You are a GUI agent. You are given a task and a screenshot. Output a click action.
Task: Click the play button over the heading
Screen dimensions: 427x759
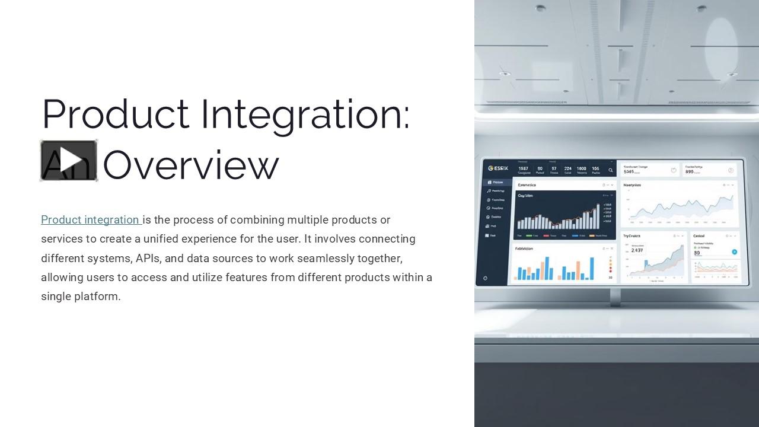pos(69,160)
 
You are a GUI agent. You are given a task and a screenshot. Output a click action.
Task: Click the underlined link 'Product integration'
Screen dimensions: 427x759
pos(90,220)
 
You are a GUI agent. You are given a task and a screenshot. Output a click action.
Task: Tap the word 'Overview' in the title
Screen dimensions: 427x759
pos(190,165)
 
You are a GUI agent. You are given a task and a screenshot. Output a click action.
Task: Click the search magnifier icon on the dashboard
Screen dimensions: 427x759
pos(611,170)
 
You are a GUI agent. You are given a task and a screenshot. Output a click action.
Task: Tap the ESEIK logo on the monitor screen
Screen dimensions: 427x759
pos(498,168)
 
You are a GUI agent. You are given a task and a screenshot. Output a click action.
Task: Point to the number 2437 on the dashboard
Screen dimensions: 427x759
pos(637,250)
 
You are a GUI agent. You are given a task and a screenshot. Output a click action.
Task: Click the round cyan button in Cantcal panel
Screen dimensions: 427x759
pos(734,252)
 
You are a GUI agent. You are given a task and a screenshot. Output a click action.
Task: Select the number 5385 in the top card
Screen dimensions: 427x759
pos(633,172)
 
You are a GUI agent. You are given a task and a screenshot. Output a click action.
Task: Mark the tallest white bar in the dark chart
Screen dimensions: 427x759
pos(597,216)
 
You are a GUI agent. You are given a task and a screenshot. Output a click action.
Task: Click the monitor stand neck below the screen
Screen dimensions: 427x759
pos(616,297)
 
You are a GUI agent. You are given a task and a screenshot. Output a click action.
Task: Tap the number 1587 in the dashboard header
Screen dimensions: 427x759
pos(523,168)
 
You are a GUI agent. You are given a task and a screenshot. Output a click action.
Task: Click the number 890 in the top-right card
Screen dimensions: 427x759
pos(690,172)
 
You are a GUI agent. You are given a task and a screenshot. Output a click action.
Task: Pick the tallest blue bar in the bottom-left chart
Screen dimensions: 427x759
pos(547,268)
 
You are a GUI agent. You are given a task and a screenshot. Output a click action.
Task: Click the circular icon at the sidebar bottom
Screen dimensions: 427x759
pos(486,278)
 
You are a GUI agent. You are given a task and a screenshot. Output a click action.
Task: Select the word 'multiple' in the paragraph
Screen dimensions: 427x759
pos(308,220)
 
